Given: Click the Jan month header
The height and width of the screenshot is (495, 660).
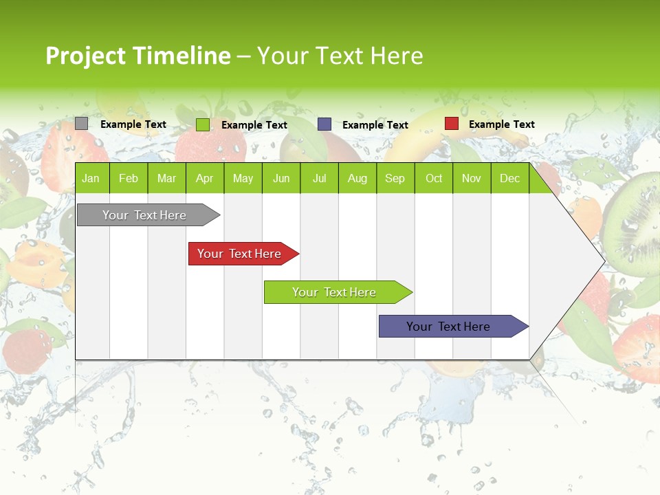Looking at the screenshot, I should pyautogui.click(x=91, y=178).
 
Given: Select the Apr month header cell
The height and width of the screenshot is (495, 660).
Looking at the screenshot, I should pyautogui.click(x=204, y=178).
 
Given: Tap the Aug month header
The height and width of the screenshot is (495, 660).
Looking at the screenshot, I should pyautogui.click(x=357, y=178).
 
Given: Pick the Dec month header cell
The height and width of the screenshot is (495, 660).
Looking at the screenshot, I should pyautogui.click(x=509, y=178).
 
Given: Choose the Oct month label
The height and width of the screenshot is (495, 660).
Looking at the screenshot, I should pyautogui.click(x=434, y=178).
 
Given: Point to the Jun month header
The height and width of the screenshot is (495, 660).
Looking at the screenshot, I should pyautogui.click(x=280, y=178).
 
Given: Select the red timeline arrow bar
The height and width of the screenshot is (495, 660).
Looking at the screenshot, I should pyautogui.click(x=241, y=254).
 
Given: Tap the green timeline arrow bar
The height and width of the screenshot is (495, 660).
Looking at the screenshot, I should pyautogui.click(x=335, y=292).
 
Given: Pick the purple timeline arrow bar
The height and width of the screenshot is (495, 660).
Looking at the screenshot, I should pyautogui.click(x=450, y=327).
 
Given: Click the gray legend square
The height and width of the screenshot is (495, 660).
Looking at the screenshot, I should pyautogui.click(x=81, y=124).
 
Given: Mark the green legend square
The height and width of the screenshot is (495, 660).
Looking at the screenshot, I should pyautogui.click(x=202, y=124).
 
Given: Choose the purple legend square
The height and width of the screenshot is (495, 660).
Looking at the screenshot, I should pyautogui.click(x=324, y=124).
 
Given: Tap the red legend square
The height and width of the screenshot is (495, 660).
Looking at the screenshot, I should pyautogui.click(x=451, y=124).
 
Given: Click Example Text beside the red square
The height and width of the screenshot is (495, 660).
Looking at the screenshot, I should pyautogui.click(x=501, y=124).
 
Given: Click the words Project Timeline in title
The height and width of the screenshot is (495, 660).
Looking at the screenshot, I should pyautogui.click(x=137, y=56).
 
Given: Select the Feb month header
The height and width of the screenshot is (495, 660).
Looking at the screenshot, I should pyautogui.click(x=129, y=178).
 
